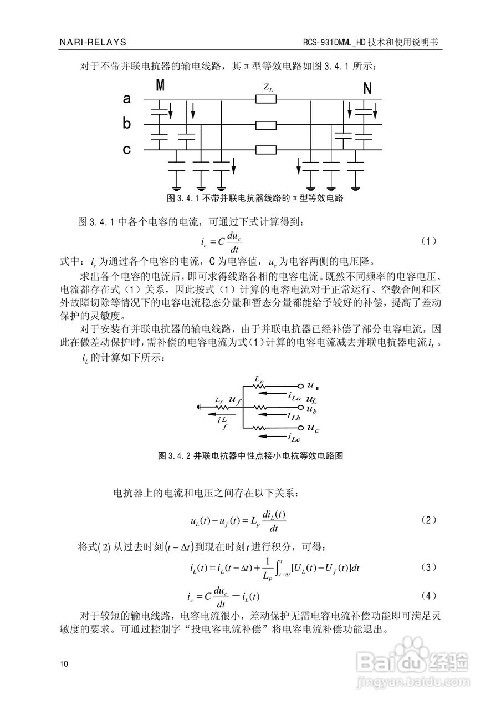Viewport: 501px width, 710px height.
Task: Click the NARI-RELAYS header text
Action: pyautogui.click(x=93, y=42)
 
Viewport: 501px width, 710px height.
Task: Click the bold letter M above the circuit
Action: pyautogui.click(x=160, y=85)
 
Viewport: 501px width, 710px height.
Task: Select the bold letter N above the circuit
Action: pyautogui.click(x=367, y=88)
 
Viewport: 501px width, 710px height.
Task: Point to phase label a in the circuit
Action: pyautogui.click(x=127, y=99)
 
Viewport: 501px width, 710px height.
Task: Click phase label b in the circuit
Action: pyautogui.click(x=127, y=124)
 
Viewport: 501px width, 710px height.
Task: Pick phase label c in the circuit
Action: pyautogui.click(x=127, y=149)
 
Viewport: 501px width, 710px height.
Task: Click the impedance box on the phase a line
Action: pyautogui.click(x=266, y=100)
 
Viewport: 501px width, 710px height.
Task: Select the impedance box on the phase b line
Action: pyautogui.click(x=266, y=125)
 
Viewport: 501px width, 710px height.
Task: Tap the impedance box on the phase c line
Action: pyautogui.click(x=266, y=150)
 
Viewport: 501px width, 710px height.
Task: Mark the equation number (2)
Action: pyautogui.click(x=429, y=520)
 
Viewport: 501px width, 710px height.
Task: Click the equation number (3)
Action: pyautogui.click(x=429, y=567)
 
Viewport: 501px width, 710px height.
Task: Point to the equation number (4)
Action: pyautogui.click(x=429, y=596)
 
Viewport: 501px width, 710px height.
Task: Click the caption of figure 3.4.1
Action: pyautogui.click(x=255, y=198)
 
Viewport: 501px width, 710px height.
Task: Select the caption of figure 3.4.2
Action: pyautogui.click(x=252, y=456)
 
